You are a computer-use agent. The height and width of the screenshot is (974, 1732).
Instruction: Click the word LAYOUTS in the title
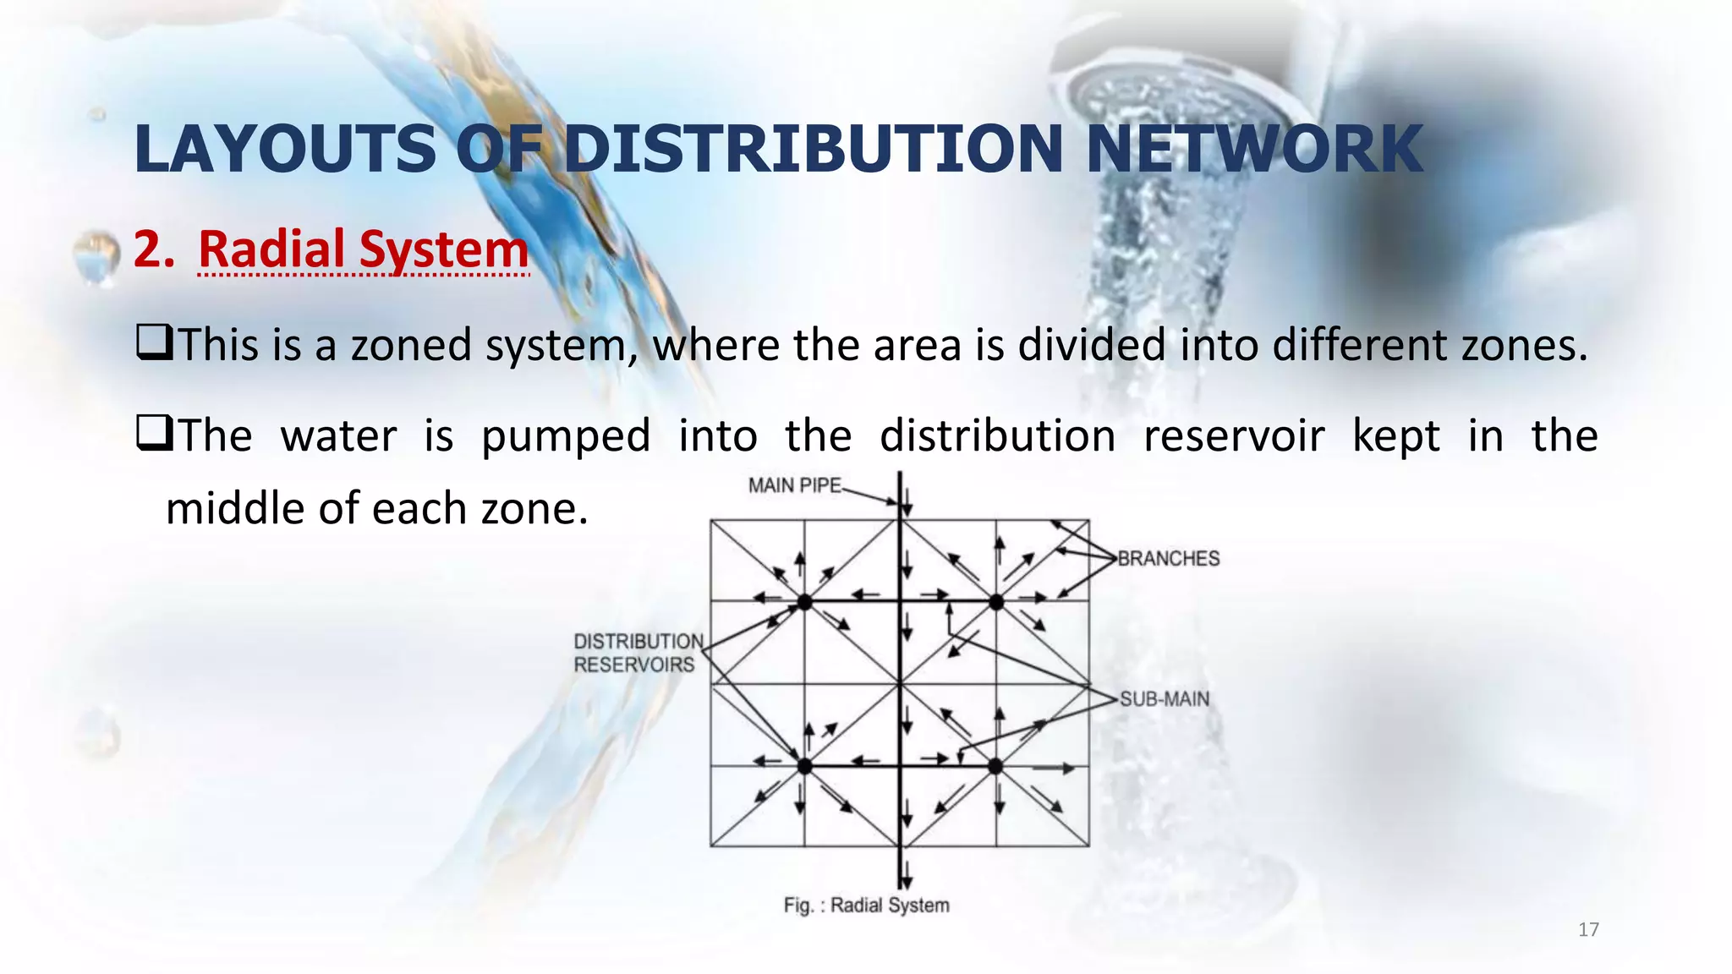pyautogui.click(x=286, y=150)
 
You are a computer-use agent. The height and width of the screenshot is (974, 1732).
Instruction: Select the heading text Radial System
pyautogui.click(x=363, y=249)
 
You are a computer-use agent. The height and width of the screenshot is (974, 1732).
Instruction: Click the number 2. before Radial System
pyautogui.click(x=153, y=249)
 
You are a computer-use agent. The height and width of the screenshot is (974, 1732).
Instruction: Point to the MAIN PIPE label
pyautogui.click(x=794, y=485)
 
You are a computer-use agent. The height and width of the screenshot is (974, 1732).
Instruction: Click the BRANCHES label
pyautogui.click(x=1169, y=559)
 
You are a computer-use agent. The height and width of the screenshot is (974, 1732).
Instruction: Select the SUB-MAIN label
pyautogui.click(x=1165, y=699)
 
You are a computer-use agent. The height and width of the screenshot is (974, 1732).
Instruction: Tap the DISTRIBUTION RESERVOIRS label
pyautogui.click(x=638, y=653)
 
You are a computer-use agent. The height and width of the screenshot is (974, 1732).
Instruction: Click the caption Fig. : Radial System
pyautogui.click(x=866, y=906)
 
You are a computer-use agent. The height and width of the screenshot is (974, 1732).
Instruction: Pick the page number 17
pyautogui.click(x=1588, y=930)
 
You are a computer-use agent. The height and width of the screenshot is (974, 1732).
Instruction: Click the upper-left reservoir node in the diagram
pyautogui.click(x=805, y=602)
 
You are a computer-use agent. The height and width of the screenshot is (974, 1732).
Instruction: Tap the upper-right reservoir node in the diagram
pyautogui.click(x=996, y=602)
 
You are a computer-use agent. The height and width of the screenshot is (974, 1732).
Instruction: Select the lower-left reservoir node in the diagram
pyautogui.click(x=805, y=766)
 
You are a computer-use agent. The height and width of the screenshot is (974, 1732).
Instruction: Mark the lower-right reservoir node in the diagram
pyautogui.click(x=995, y=766)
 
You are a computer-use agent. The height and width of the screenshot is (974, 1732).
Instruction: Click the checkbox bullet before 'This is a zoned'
pyautogui.click(x=154, y=344)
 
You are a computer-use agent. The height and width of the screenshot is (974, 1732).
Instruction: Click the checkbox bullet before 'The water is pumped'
pyautogui.click(x=154, y=435)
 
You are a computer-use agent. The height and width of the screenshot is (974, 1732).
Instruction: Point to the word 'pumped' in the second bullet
pyautogui.click(x=566, y=437)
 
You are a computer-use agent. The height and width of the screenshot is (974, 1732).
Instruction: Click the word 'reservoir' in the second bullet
pyautogui.click(x=1233, y=436)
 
